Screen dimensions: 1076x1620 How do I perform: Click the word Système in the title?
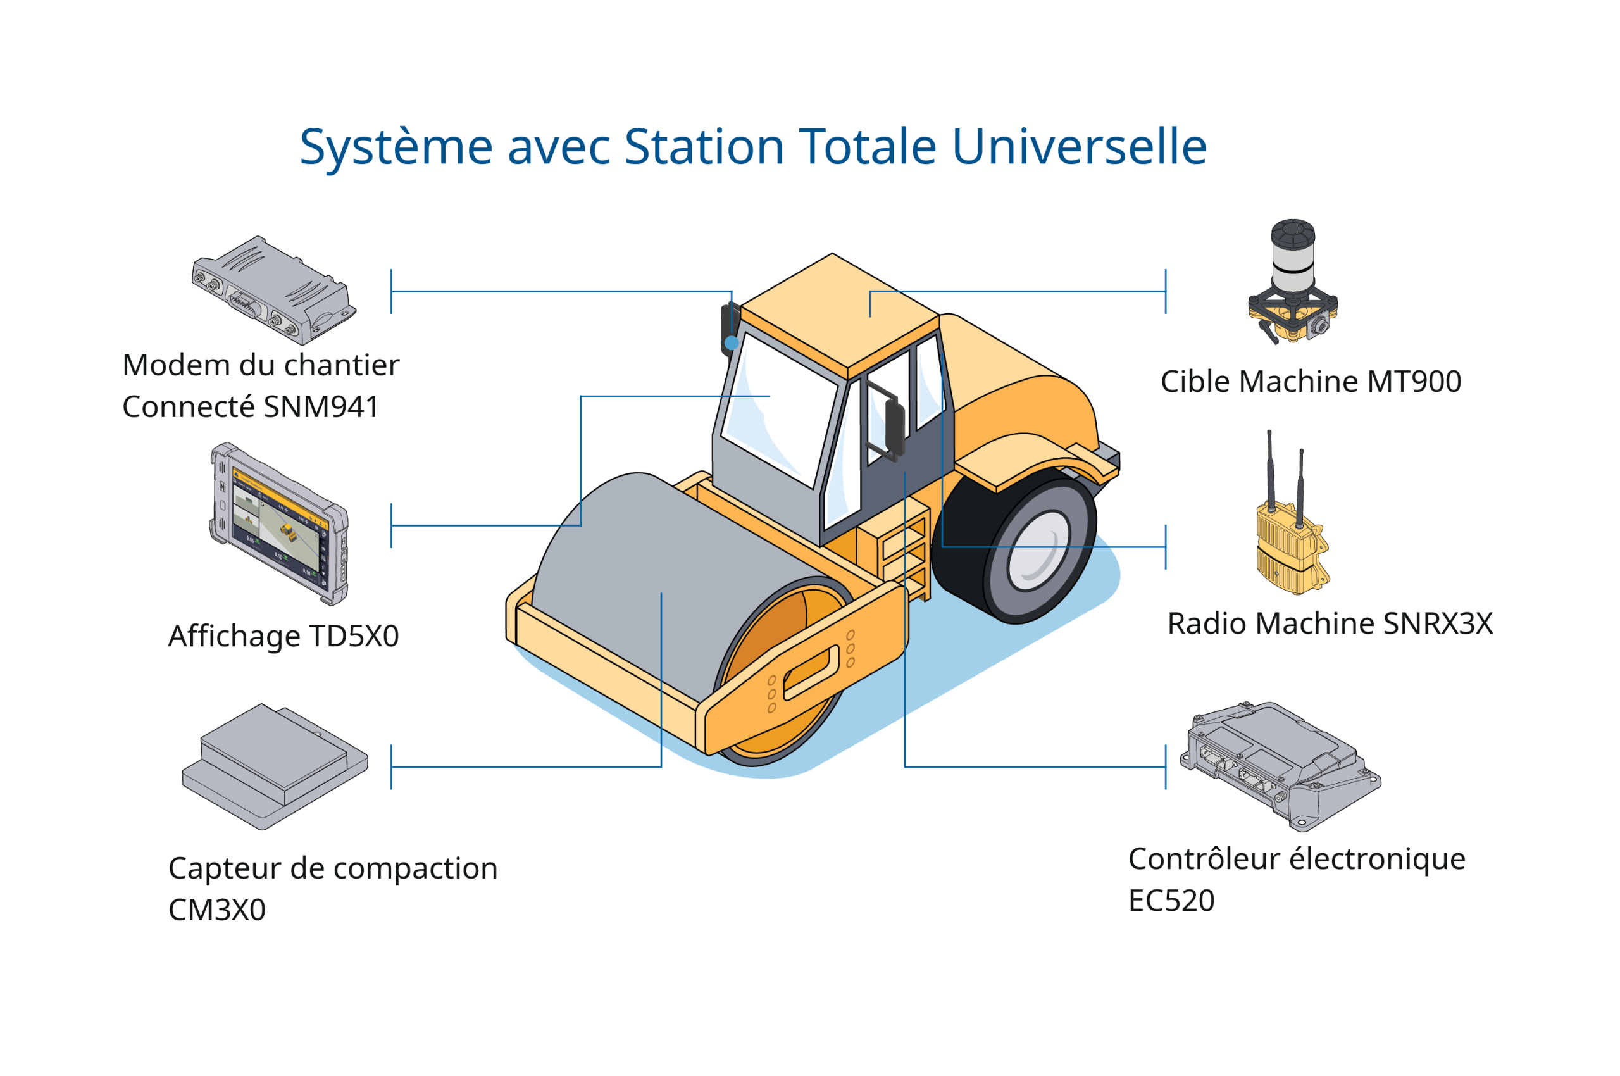(x=396, y=147)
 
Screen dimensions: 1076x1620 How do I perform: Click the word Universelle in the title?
(x=1080, y=147)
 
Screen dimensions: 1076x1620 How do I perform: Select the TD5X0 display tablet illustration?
(x=279, y=524)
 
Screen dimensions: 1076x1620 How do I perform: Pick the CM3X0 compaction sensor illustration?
(x=275, y=766)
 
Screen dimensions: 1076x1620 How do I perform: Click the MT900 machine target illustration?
(x=1293, y=282)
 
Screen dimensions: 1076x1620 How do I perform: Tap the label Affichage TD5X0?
(x=283, y=637)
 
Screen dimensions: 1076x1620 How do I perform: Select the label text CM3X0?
(x=217, y=911)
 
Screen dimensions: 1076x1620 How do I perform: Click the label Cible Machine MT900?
(x=1311, y=382)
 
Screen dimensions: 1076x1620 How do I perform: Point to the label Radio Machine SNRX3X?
(x=1330, y=625)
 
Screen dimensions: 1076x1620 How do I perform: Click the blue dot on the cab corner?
(x=732, y=342)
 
